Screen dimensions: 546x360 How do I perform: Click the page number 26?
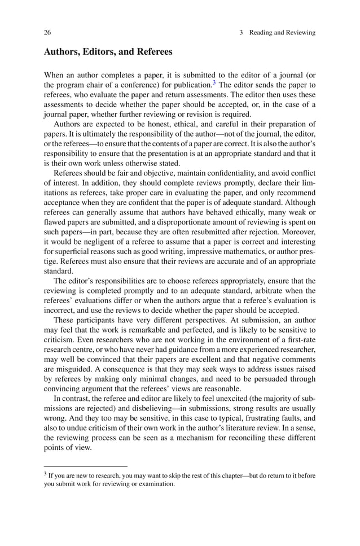(47, 33)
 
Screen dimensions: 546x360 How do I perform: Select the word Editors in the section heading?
(96, 52)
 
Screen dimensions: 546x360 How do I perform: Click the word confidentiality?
(215, 173)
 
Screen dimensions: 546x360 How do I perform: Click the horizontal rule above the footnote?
(85, 467)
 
